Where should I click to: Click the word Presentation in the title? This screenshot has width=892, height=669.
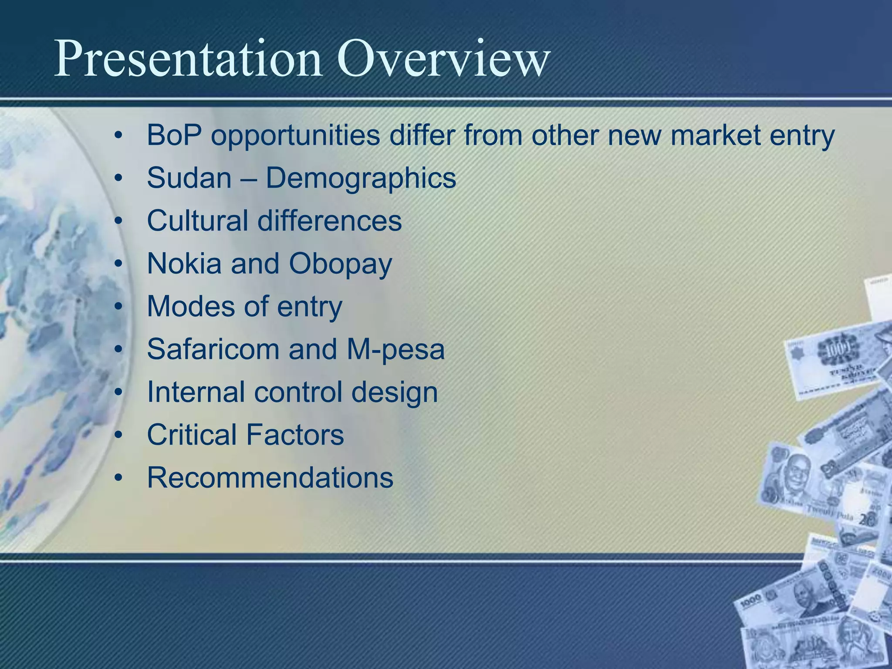tap(187, 59)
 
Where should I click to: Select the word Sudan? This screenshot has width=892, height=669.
tap(189, 178)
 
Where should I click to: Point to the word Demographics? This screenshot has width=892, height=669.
tap(361, 179)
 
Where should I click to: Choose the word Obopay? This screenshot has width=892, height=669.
tap(340, 264)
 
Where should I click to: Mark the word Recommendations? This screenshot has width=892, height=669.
tap(270, 477)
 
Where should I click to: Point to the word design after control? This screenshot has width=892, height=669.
tap(394, 392)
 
